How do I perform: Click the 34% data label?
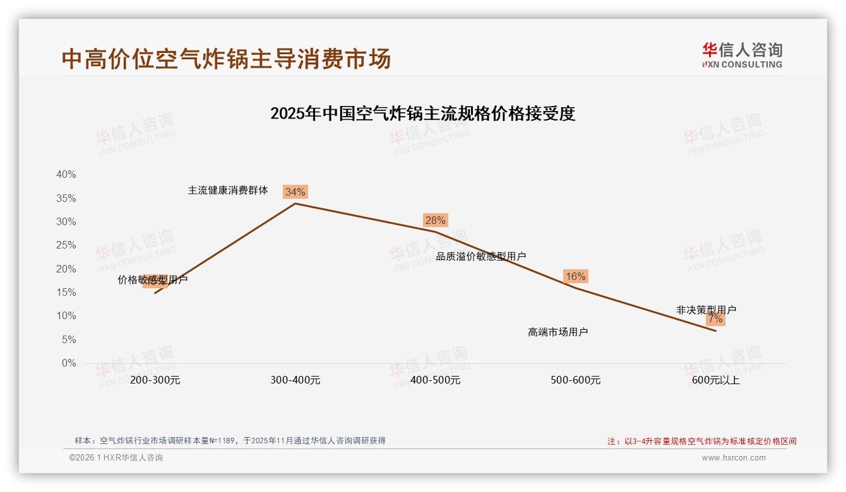click(x=295, y=192)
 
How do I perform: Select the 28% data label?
click(x=435, y=220)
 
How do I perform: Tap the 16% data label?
click(x=575, y=276)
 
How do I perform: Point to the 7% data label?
click(x=715, y=319)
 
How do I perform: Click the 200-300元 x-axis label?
click(x=155, y=380)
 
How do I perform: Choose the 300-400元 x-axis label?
click(x=295, y=380)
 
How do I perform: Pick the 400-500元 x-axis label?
click(x=435, y=380)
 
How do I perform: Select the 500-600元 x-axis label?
click(x=575, y=380)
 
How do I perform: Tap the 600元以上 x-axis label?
click(x=715, y=380)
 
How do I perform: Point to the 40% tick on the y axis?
click(x=66, y=175)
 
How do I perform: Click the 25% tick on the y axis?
click(x=66, y=245)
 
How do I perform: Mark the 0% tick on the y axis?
click(x=69, y=363)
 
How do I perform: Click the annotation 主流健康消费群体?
click(x=228, y=190)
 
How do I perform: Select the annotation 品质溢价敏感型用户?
click(x=481, y=256)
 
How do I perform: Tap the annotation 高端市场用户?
click(x=557, y=332)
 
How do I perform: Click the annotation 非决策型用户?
click(x=706, y=310)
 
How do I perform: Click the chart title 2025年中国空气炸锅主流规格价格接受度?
click(x=422, y=114)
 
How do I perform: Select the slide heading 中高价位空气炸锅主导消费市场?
click(x=226, y=59)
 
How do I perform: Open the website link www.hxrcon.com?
click(x=734, y=458)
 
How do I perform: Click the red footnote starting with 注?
click(x=702, y=442)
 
